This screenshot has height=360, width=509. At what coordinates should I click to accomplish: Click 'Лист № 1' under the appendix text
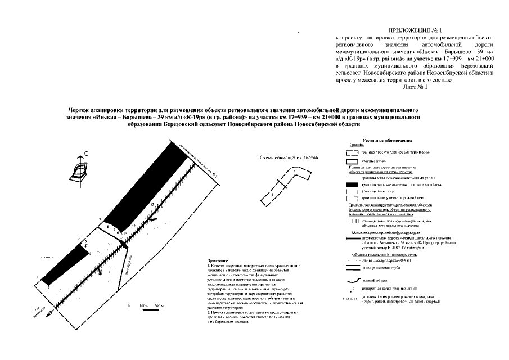point(416,87)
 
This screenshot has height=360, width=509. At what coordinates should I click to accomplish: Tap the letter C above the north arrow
point(86,153)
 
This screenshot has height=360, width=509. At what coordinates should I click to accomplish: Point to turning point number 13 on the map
point(151,203)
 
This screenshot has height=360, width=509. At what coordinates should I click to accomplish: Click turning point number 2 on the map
point(49,287)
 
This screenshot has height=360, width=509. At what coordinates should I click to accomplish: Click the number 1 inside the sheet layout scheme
point(272,194)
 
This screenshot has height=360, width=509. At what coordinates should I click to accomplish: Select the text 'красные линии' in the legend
point(375,161)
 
